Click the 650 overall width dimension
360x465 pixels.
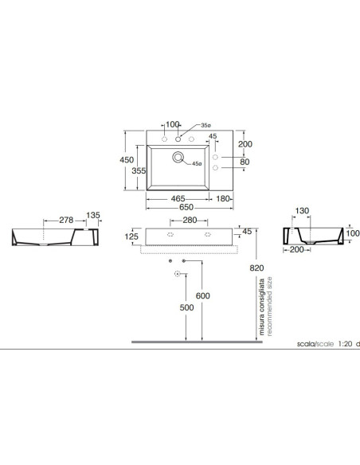coord(186,207)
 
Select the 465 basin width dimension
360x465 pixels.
coord(178,199)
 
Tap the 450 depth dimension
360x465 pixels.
coord(127,160)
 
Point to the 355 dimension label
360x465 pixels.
coord(139,171)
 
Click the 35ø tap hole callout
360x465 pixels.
coord(205,126)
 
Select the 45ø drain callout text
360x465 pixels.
coord(197,163)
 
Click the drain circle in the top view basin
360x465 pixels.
coord(178,157)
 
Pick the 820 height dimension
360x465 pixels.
coord(256,268)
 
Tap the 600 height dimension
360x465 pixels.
coord(203,295)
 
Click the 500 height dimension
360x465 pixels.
coord(187,307)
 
